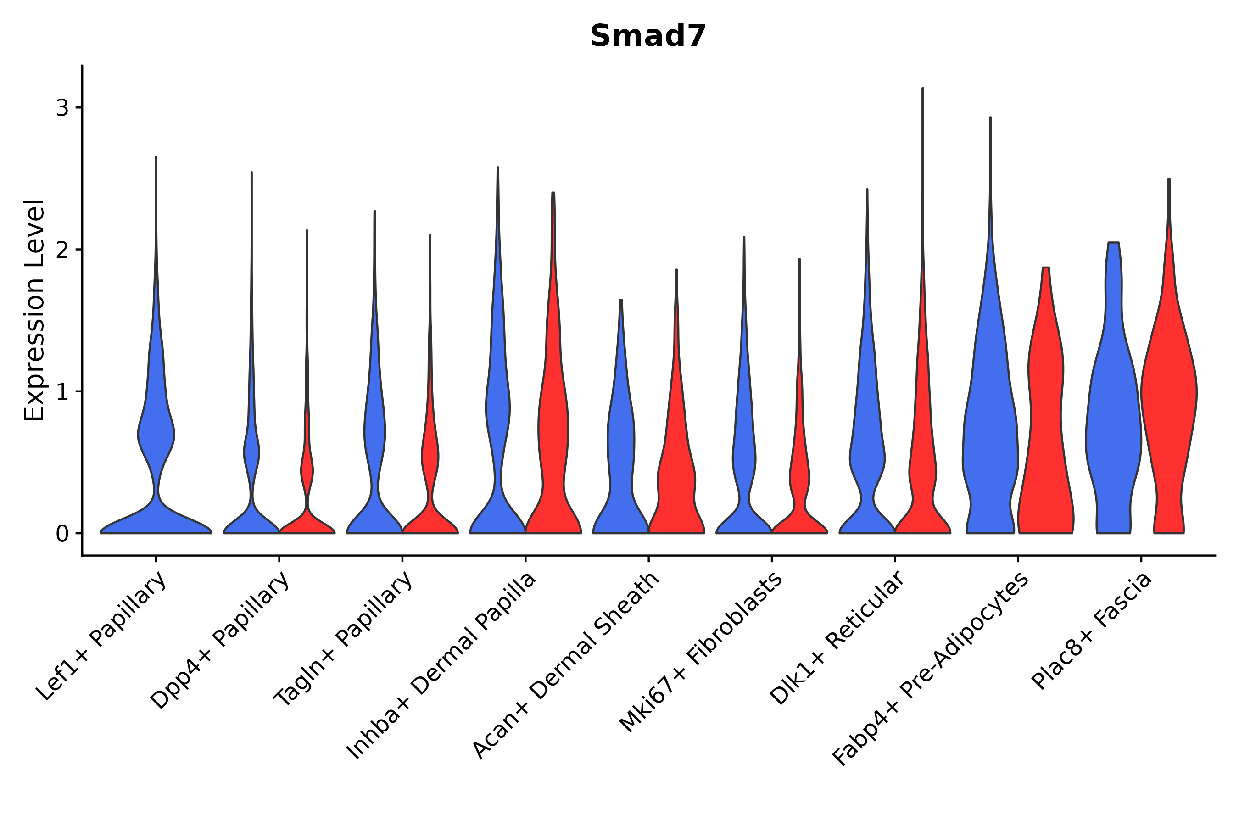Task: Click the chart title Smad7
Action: click(x=647, y=37)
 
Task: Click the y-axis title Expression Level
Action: click(x=34, y=310)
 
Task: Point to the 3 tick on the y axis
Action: click(x=62, y=108)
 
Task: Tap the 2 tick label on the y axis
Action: click(x=62, y=250)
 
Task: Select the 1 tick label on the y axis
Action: click(x=62, y=392)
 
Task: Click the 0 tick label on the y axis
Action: click(x=62, y=534)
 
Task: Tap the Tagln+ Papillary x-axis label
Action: click(x=343, y=639)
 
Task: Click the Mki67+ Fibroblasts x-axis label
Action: click(x=701, y=653)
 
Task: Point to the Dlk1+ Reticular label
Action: click(x=837, y=638)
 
